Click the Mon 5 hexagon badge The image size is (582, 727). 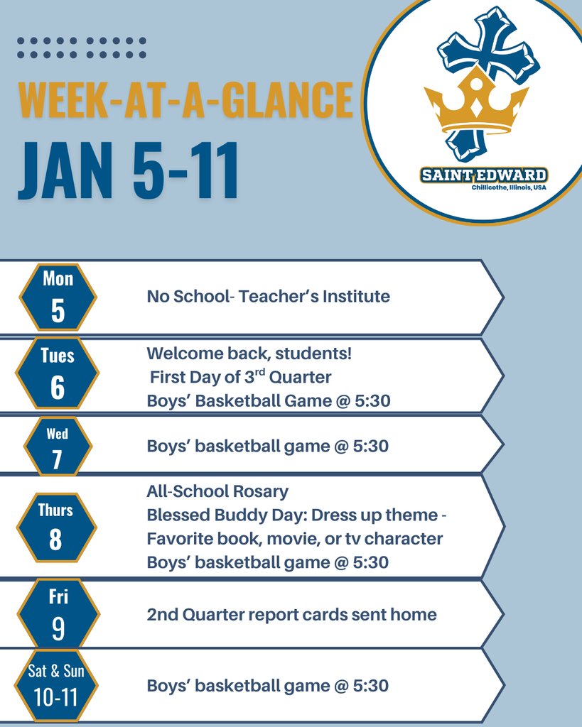(x=58, y=297)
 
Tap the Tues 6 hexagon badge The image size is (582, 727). (x=57, y=373)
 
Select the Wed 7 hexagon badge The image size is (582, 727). (x=58, y=446)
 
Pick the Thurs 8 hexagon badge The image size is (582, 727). (x=57, y=528)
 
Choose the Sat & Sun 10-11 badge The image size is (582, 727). (x=56, y=686)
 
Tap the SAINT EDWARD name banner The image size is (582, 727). (x=484, y=175)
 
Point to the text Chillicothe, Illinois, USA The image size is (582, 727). (x=509, y=187)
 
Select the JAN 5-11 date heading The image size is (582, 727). (x=129, y=170)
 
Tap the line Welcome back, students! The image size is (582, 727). (x=249, y=354)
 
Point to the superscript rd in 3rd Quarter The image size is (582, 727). (x=260, y=372)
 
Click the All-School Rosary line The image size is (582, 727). (x=217, y=491)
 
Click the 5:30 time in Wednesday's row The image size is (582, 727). (x=371, y=446)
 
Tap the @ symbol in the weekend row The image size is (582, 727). (x=340, y=686)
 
